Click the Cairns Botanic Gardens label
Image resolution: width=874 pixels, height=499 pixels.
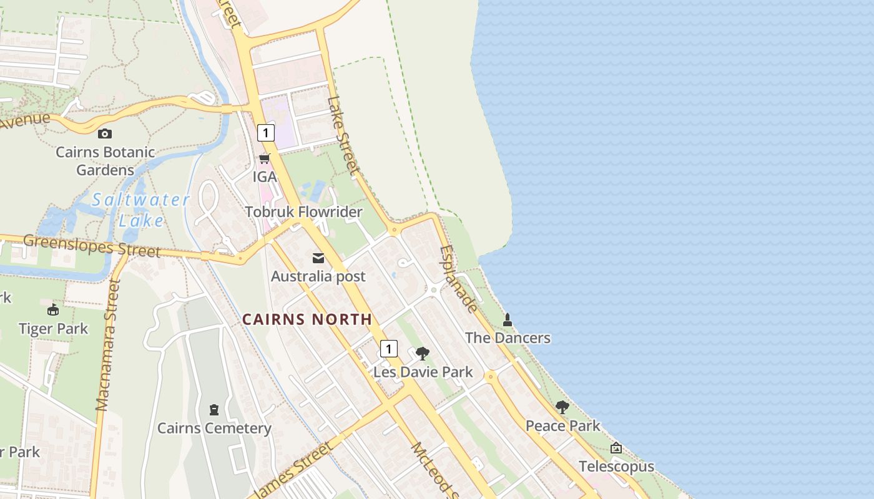(105, 161)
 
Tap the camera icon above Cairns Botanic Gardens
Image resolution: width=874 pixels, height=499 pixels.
(105, 133)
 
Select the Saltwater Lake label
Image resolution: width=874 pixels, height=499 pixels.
(140, 210)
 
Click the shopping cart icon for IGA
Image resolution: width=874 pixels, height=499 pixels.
(265, 158)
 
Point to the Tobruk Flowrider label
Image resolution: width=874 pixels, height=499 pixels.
(303, 212)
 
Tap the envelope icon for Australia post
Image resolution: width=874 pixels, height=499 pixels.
(318, 258)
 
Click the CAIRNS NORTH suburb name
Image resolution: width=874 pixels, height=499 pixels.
(307, 319)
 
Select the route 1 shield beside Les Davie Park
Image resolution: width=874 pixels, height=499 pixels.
(388, 349)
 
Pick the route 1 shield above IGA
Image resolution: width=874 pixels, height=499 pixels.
(266, 133)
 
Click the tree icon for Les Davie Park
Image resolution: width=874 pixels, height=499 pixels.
(423, 354)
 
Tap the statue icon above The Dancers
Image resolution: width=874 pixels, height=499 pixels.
(508, 320)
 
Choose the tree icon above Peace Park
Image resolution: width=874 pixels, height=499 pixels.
(562, 407)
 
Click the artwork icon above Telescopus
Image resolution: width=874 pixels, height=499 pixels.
(616, 448)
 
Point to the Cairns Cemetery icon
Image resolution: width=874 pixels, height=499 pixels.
(214, 410)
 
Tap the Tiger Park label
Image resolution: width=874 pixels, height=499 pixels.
(53, 328)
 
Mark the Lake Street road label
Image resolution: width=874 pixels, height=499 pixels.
(343, 135)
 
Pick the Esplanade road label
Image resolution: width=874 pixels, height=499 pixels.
(459, 279)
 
